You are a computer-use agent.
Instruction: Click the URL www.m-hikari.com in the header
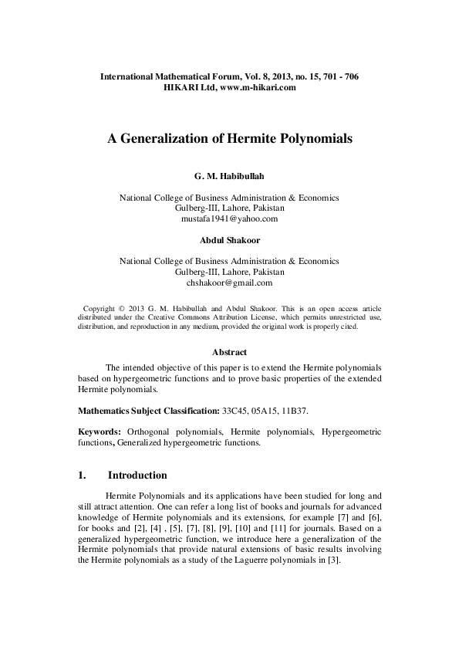click(258, 89)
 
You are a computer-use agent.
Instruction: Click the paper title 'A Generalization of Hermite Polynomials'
click(229, 140)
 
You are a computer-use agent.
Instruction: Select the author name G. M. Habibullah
click(229, 178)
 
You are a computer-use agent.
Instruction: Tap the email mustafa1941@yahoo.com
click(229, 219)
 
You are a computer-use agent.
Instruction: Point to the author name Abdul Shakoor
click(229, 241)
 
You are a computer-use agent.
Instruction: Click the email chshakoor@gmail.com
click(229, 283)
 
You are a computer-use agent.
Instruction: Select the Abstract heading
click(229, 352)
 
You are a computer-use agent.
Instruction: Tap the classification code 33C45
click(236, 408)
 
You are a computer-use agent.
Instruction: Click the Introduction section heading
click(137, 475)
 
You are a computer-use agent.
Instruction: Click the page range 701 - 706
click(336, 78)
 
